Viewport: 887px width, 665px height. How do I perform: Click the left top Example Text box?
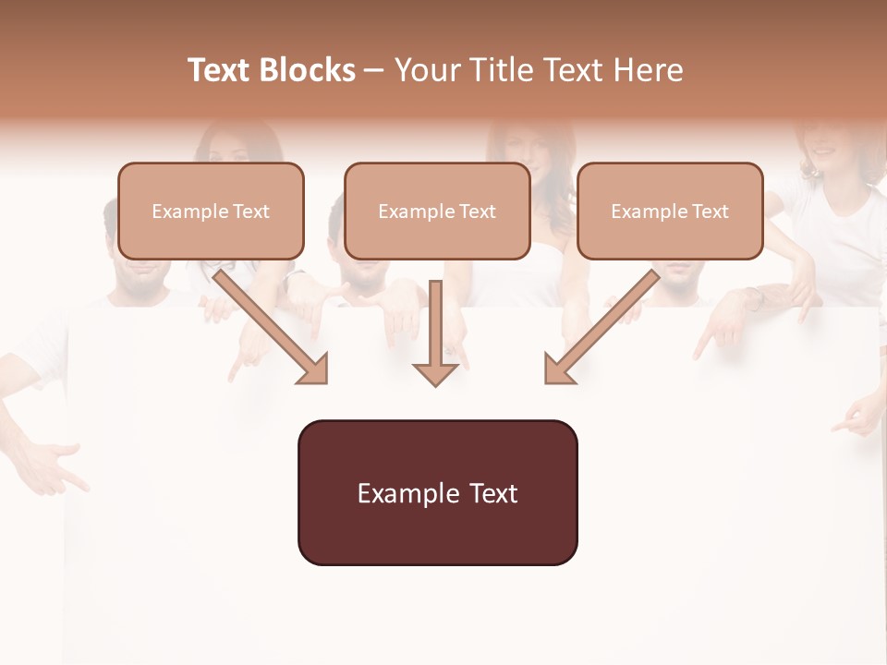(211, 211)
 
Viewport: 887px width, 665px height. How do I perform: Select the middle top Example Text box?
(437, 211)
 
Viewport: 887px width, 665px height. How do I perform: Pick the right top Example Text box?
(670, 211)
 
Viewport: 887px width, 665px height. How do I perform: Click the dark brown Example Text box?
(437, 492)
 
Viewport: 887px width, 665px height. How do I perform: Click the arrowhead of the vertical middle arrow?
(435, 373)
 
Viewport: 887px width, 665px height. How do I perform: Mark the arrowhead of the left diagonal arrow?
(314, 369)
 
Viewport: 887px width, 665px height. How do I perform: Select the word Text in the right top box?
(711, 212)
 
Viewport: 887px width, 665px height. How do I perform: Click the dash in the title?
(374, 71)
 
